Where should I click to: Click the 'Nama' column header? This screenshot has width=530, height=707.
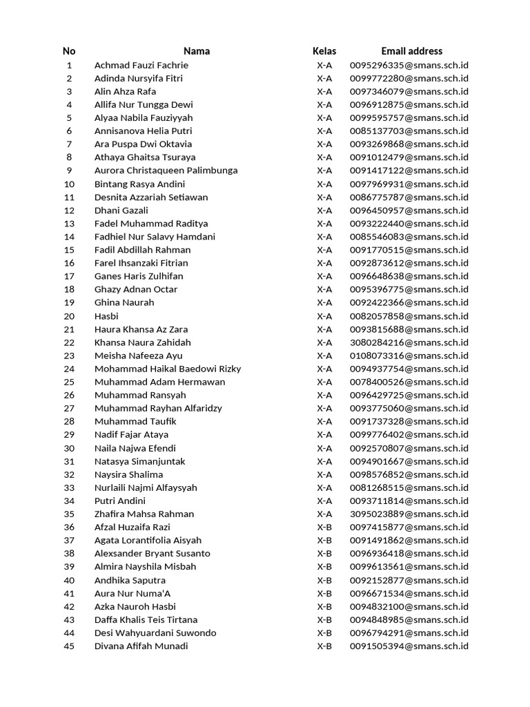[197, 51]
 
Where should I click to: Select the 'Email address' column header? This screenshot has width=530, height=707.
[411, 51]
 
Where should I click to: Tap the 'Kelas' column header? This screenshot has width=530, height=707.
[324, 51]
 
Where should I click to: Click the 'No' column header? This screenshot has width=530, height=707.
[69, 51]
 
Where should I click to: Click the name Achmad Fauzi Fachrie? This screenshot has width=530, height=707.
[141, 65]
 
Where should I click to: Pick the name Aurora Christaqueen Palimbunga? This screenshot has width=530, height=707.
[166, 171]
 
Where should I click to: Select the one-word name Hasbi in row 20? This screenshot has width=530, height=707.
[106, 316]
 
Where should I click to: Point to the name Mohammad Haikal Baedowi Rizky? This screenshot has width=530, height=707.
[168, 369]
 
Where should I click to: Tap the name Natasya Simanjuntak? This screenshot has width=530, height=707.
[139, 461]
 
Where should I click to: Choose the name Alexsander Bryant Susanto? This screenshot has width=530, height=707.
[152, 554]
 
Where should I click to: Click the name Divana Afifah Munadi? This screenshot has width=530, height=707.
[141, 646]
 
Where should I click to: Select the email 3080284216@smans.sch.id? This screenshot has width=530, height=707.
[409, 342]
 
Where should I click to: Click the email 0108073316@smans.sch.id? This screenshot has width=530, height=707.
[409, 356]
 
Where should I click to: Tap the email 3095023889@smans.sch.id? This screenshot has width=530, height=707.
[409, 514]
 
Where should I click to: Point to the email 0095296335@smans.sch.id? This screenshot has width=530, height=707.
[409, 65]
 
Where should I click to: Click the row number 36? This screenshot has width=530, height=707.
[69, 527]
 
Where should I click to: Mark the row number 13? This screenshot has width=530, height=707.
[69, 224]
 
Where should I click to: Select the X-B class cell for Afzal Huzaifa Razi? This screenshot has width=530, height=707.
[324, 527]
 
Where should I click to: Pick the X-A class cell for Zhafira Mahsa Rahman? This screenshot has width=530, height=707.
[324, 514]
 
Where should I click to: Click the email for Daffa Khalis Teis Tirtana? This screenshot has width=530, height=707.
[409, 620]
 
